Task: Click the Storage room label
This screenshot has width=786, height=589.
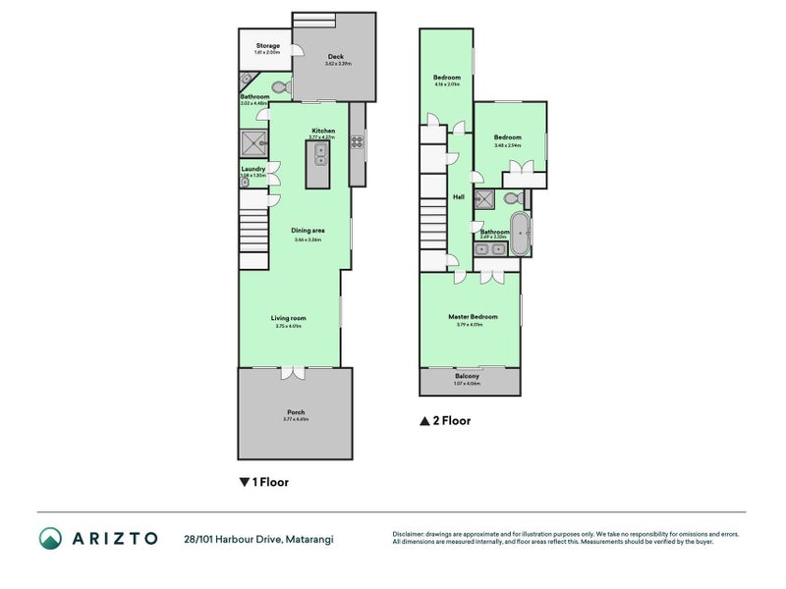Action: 267,46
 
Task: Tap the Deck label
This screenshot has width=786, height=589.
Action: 335,57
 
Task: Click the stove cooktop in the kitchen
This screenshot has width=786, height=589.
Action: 357,140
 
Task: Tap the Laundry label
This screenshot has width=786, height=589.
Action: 253,169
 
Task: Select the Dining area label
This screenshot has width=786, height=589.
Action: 308,231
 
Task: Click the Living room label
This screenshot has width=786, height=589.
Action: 289,318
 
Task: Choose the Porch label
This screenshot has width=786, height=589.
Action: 296,412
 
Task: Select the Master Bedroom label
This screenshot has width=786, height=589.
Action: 473,317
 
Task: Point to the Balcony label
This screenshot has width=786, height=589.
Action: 467,377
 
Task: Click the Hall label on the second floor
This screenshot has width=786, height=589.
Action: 458,197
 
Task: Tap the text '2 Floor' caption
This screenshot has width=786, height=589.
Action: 452,421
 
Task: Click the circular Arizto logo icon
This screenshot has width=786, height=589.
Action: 50,538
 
